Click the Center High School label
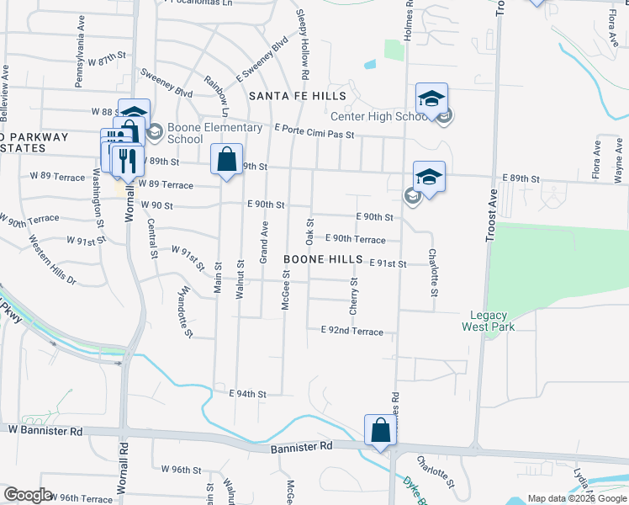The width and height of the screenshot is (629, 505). pos(380,117)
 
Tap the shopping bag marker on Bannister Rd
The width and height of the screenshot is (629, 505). pos(380,430)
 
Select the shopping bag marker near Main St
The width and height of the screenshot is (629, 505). pos(227,159)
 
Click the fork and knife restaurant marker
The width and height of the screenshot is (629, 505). pos(126,160)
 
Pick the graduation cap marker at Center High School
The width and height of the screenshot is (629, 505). pos(431,99)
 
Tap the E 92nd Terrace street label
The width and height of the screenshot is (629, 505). pos(351,332)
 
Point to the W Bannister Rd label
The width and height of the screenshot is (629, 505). pos(46,431)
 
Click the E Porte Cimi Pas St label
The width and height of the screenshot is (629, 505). pos(314,133)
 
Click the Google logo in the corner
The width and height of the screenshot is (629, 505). pos(28,495)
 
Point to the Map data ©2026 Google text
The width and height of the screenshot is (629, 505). pos(576,498)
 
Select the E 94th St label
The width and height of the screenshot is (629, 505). pos(247,394)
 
